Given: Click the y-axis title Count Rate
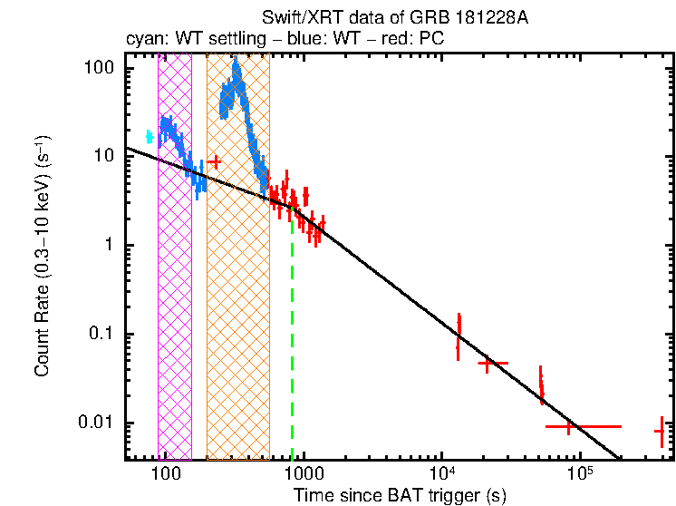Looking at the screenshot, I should (x=42, y=257).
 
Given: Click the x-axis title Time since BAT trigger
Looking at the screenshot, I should (x=400, y=495).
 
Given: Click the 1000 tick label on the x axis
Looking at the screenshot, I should (x=304, y=474).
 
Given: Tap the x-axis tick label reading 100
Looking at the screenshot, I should (x=165, y=474).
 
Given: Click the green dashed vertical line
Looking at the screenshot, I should (x=292, y=345).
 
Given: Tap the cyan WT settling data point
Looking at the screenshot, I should (x=150, y=137).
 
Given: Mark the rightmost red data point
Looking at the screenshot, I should (x=661, y=432).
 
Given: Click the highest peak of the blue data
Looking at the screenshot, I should (x=237, y=65).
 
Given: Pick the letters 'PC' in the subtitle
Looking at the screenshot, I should (x=429, y=41).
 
